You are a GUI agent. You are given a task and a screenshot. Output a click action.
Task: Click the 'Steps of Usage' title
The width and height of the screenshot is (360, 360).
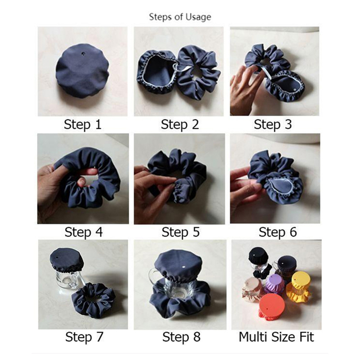tap(180, 17)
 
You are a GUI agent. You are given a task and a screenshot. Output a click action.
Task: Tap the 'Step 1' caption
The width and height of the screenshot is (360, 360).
tap(83, 125)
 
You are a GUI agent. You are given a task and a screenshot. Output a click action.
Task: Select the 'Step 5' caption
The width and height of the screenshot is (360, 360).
tap(180, 232)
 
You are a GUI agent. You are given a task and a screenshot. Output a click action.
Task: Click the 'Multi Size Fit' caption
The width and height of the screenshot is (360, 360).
tap(276, 337)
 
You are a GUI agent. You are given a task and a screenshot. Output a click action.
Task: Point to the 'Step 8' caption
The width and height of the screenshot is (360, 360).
tap(181, 337)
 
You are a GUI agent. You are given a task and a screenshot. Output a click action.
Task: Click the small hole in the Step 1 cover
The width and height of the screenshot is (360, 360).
tap(83, 54)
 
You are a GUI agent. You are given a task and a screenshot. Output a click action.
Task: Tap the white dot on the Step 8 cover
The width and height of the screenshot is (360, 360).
tap(184, 267)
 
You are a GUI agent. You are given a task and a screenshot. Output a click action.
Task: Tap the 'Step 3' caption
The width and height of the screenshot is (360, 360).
tap(273, 125)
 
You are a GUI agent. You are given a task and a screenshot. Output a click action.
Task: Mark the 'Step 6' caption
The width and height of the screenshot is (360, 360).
tap(278, 232)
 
